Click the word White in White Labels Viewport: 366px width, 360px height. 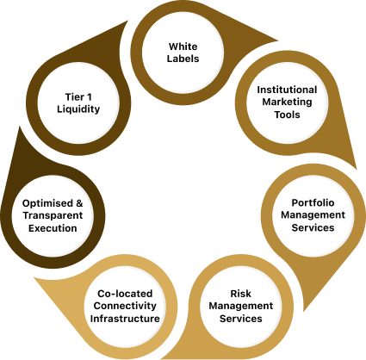pyautogui.click(x=183, y=47)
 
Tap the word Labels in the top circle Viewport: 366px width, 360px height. pyautogui.click(x=183, y=59)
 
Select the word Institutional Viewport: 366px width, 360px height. pyautogui.click(x=287, y=90)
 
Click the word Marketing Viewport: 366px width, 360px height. pyautogui.click(x=287, y=102)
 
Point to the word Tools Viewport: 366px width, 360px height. pyautogui.click(x=287, y=115)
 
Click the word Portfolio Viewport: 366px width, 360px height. pyautogui.click(x=313, y=202)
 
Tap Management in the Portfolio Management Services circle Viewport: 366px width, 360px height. pyautogui.click(x=313, y=215)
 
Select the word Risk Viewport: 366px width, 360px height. pyautogui.click(x=241, y=294)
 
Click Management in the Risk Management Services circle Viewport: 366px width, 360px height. pyautogui.click(x=241, y=306)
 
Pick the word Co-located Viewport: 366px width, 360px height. pyautogui.click(x=125, y=294)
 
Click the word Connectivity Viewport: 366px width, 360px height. pyautogui.click(x=125, y=306)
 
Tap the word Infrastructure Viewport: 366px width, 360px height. pyautogui.click(x=125, y=319)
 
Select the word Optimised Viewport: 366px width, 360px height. pyautogui.click(x=48, y=203)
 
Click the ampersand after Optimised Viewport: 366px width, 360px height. pyautogui.click(x=79, y=203)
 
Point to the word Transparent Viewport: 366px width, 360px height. pyautogui.click(x=53, y=215)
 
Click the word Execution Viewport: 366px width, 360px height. pyautogui.click(x=53, y=228)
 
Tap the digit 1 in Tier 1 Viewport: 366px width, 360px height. pyautogui.click(x=90, y=97)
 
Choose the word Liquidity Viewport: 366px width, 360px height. pyautogui.click(x=78, y=109)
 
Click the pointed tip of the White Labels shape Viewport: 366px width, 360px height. pyautogui.click(x=278, y=40)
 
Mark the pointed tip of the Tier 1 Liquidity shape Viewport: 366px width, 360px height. pyautogui.click(x=127, y=21)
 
